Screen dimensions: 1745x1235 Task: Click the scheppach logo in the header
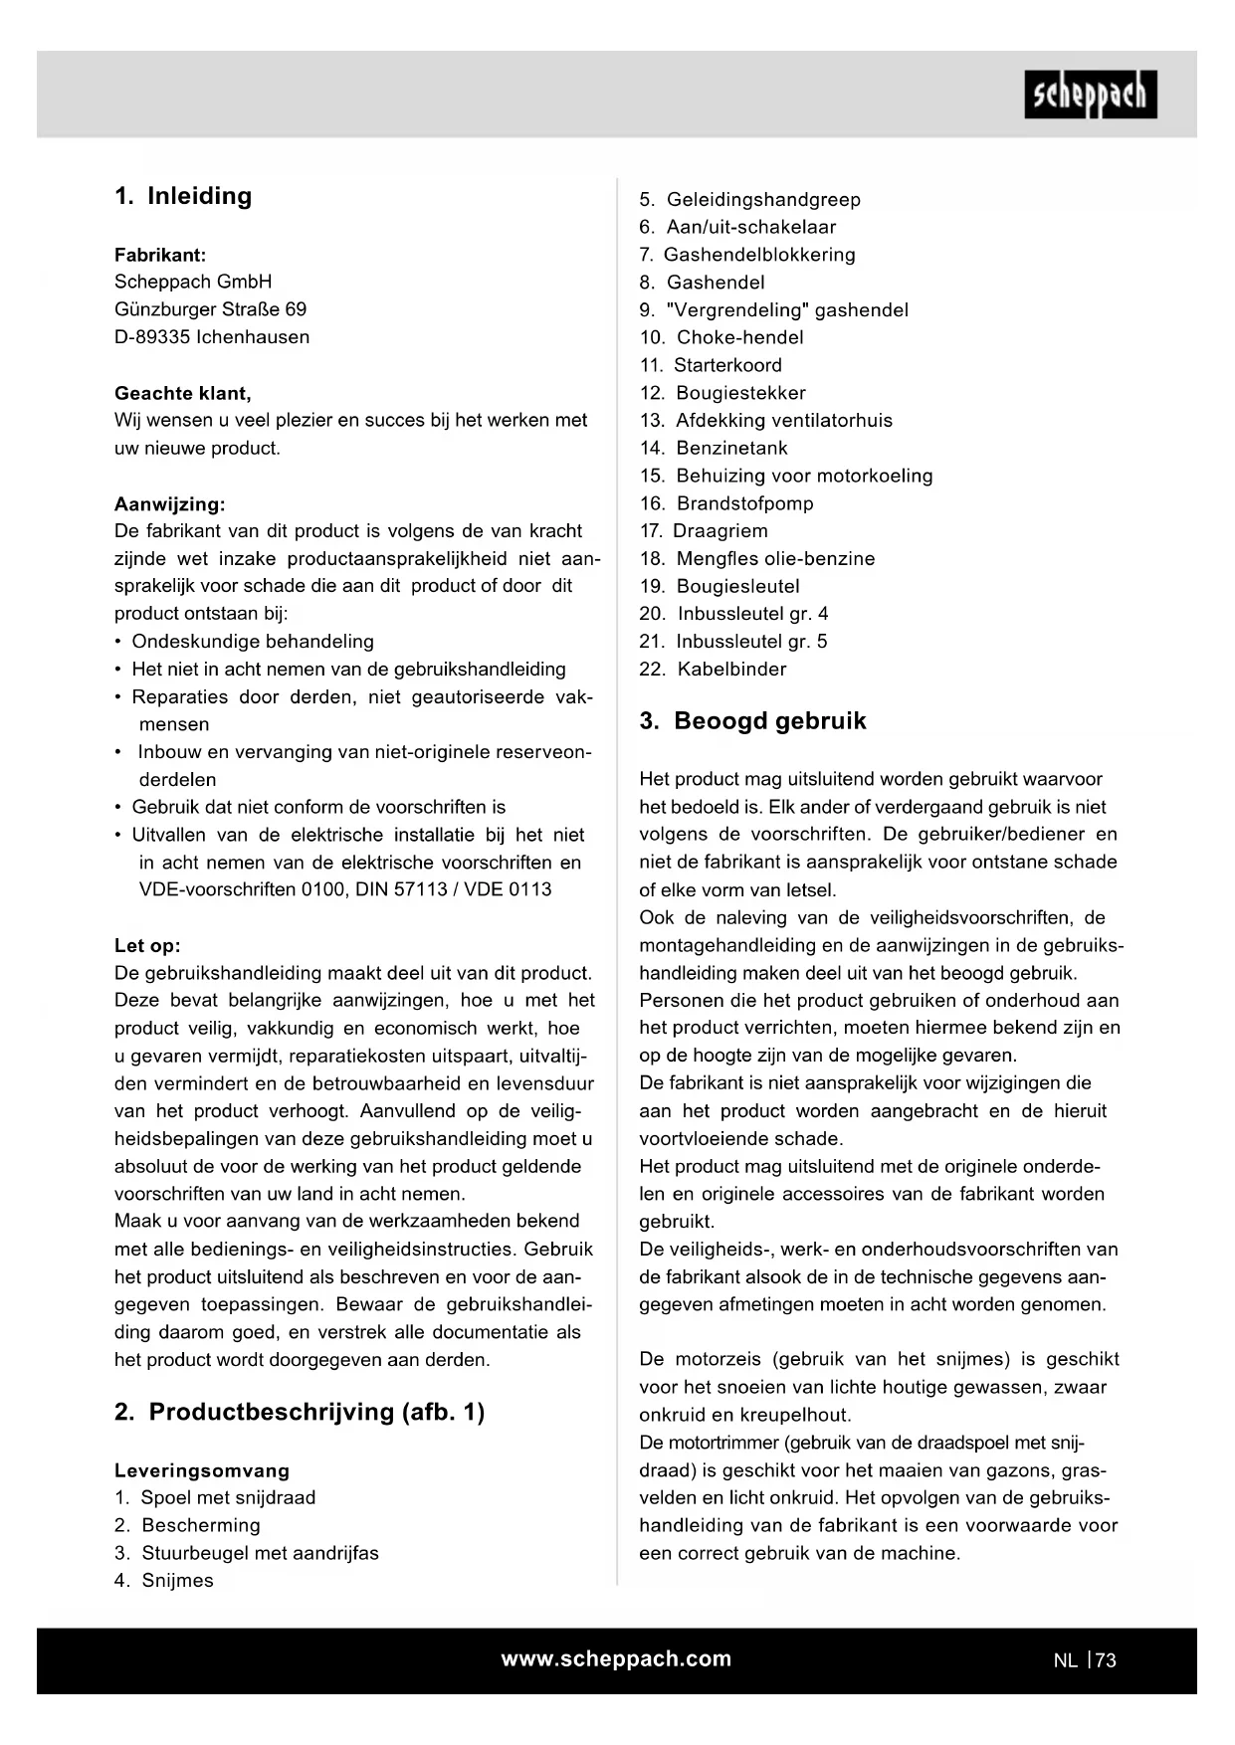pos(1090,95)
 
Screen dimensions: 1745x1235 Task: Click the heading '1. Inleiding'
pos(183,196)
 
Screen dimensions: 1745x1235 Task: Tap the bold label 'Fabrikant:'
pos(160,255)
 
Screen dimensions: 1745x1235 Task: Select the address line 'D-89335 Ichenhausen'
pos(212,337)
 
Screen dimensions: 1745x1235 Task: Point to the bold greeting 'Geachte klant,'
pos(183,393)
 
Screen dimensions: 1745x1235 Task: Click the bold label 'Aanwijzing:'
pos(170,503)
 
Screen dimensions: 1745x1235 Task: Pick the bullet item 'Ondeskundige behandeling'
pos(253,642)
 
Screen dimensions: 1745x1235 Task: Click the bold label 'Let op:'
pos(147,945)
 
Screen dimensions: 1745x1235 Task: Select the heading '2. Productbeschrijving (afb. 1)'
pos(300,1413)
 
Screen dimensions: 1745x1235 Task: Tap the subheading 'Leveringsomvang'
pos(202,1470)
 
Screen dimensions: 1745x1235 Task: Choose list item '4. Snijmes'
pos(164,1581)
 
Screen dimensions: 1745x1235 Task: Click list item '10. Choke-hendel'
pos(721,337)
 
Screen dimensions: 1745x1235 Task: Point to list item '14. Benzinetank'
pos(714,448)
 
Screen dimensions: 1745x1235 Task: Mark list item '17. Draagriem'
pos(704,531)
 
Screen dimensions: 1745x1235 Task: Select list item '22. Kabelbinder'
pos(713,670)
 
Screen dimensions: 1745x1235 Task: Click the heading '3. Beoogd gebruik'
pos(752,721)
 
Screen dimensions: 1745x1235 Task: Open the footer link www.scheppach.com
pos(616,1658)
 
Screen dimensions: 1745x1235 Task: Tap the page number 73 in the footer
pos(1106,1660)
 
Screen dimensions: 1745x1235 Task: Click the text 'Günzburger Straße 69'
pos(211,309)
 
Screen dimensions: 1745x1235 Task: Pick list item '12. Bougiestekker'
pos(722,393)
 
